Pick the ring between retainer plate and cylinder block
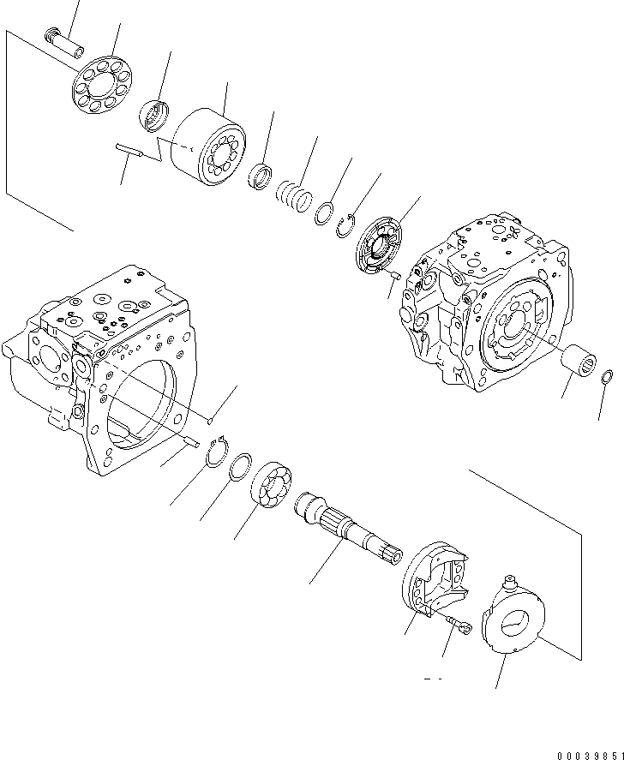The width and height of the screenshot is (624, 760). (x=156, y=115)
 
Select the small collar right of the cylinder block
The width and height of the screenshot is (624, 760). (x=260, y=177)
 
